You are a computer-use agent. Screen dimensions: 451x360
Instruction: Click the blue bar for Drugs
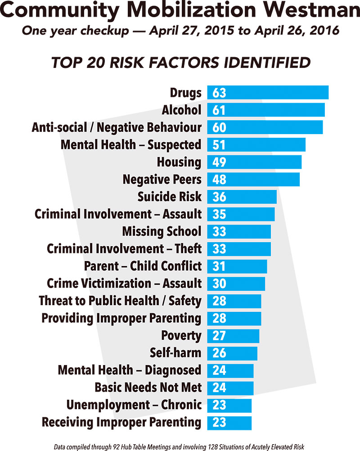pyautogui.click(x=268, y=93)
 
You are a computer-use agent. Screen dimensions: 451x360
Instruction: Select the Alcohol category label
pyautogui.click(x=181, y=110)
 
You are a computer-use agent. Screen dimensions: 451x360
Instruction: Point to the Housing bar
pyautogui.click(x=254, y=162)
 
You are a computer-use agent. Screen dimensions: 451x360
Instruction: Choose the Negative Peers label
pyautogui.click(x=162, y=180)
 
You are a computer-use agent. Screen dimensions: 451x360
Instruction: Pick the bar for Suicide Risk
pyautogui.click(x=242, y=197)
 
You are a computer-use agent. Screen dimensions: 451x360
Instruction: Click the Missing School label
pyautogui.click(x=162, y=231)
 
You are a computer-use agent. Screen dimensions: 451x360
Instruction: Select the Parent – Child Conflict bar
pyautogui.click(x=237, y=266)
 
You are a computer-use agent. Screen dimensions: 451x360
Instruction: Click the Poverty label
pyautogui.click(x=181, y=335)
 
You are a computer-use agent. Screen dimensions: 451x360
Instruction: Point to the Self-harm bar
pyautogui.click(x=232, y=353)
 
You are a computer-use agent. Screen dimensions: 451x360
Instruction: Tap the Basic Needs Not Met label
pyautogui.click(x=148, y=388)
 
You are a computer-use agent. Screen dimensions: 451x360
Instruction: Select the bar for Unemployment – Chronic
pyautogui.click(x=229, y=405)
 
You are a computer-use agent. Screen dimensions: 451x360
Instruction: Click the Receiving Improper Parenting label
pyautogui.click(x=121, y=422)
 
